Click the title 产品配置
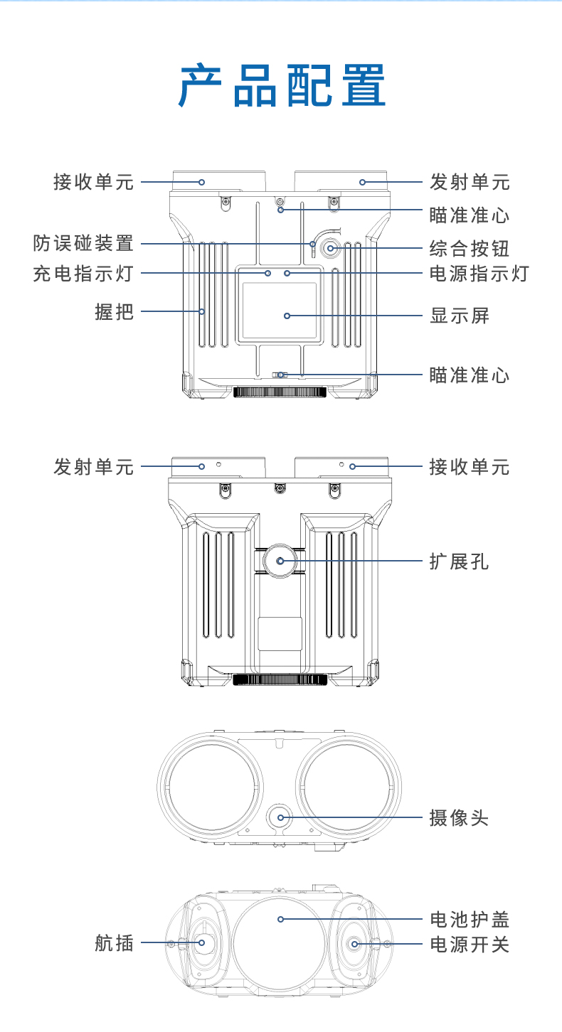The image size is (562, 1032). point(282,86)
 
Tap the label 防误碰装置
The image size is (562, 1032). point(83,243)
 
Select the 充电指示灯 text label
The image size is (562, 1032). point(83,273)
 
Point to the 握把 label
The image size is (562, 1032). point(114,311)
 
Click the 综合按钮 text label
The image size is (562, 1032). point(470,249)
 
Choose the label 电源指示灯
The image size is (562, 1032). point(479,273)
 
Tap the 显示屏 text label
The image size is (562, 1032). point(460,316)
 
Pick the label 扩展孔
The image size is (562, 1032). point(460,561)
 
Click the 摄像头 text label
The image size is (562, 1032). point(460,817)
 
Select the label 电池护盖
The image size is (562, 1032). point(470,920)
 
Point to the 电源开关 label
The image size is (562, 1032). point(470,945)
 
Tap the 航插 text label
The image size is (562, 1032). point(114,943)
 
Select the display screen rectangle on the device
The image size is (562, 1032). point(279,311)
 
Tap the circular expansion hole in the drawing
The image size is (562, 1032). point(280,561)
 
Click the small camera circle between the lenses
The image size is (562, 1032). point(280,817)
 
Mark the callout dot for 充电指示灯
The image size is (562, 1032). point(268,273)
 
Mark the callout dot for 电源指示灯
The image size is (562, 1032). point(287,273)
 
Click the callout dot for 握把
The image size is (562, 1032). point(202,311)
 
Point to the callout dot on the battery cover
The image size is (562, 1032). point(281,919)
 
